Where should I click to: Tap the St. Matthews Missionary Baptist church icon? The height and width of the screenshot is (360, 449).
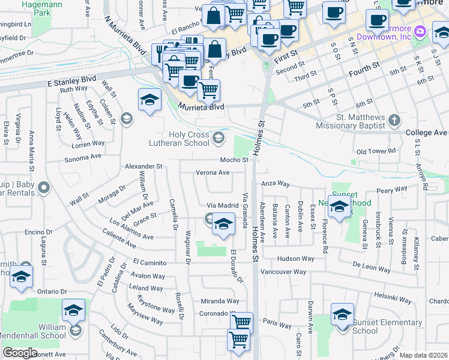[x=394, y=120]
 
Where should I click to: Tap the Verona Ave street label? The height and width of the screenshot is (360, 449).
[x=212, y=172]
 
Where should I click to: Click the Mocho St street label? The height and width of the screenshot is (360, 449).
[x=234, y=160]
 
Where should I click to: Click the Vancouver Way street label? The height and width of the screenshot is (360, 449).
[x=283, y=272]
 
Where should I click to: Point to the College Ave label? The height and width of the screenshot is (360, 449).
[x=427, y=133]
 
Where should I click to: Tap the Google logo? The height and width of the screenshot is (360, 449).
[x=20, y=353]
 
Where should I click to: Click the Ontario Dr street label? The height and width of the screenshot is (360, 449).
[x=49, y=291]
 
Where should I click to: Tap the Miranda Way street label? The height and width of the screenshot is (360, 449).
[x=220, y=301]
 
